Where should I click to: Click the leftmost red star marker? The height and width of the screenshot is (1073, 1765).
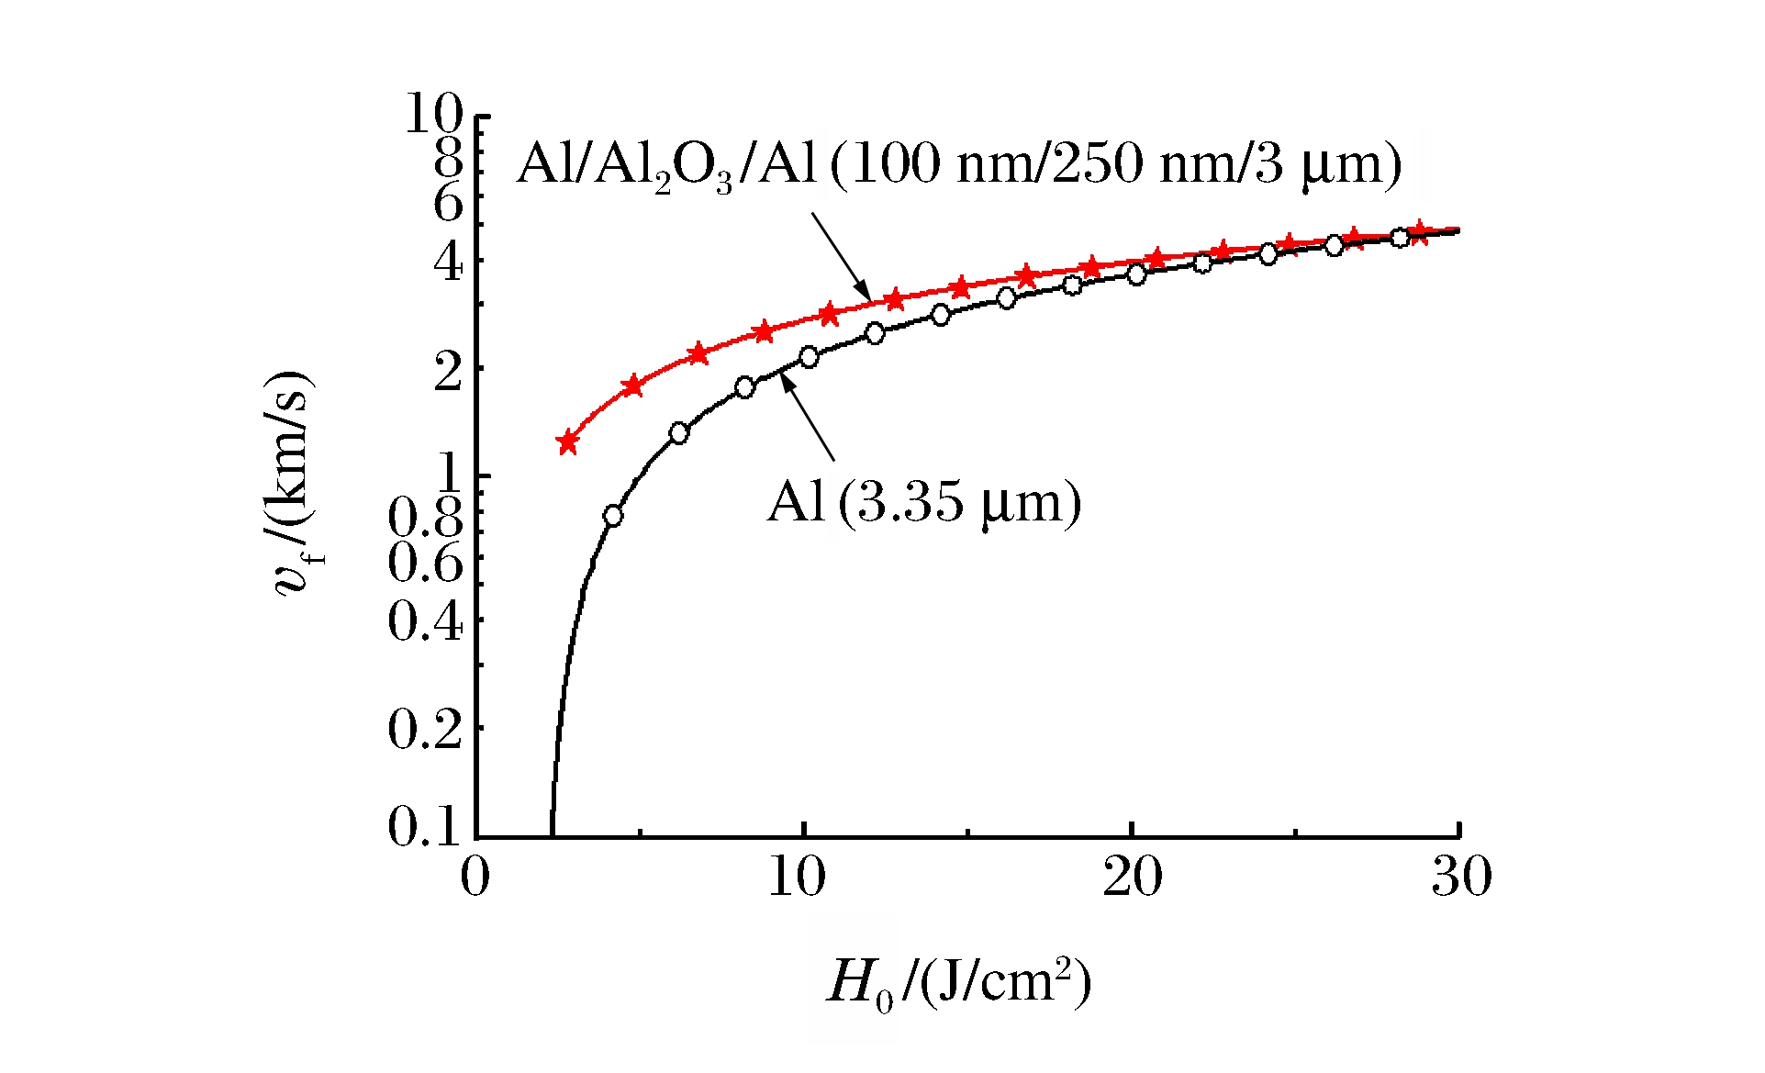pyautogui.click(x=567, y=442)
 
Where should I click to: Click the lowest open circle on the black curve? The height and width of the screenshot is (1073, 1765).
pyautogui.click(x=613, y=516)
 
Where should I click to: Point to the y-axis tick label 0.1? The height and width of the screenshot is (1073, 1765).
pyautogui.click(x=423, y=826)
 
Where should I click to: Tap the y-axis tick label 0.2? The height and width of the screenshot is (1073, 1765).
pyautogui.click(x=423, y=730)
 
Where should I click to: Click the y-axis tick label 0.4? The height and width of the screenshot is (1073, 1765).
pyautogui.click(x=423, y=622)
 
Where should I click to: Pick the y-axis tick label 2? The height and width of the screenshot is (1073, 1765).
pyautogui.click(x=448, y=371)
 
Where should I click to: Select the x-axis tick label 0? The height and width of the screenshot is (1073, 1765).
pyautogui.click(x=475, y=877)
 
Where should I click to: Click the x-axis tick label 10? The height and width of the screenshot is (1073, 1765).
pyautogui.click(x=796, y=877)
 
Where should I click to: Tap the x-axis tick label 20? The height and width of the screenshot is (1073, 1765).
pyautogui.click(x=1132, y=877)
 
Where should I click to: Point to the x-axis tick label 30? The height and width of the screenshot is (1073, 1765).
pyautogui.click(x=1461, y=877)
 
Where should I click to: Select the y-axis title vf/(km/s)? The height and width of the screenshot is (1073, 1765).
pyautogui.click(x=294, y=484)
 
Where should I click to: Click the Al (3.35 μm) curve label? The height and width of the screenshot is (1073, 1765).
pyautogui.click(x=923, y=502)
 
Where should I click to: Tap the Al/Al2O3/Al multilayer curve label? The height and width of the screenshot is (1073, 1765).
pyautogui.click(x=959, y=165)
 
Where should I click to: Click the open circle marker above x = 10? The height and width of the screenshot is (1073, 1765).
pyautogui.click(x=809, y=357)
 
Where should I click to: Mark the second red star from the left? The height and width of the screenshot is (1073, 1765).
pyautogui.click(x=632, y=386)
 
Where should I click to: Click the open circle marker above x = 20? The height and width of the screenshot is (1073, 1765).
pyautogui.click(x=1136, y=274)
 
